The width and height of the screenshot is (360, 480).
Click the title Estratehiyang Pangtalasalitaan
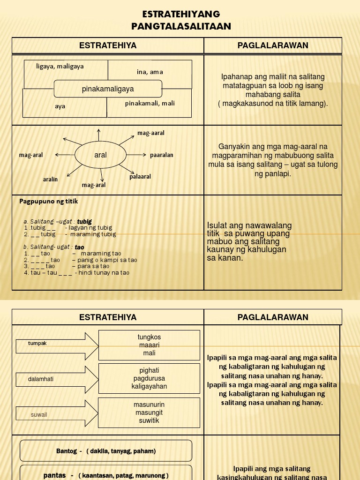[x=181, y=20]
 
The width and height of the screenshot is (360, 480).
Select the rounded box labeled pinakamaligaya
[x=108, y=89]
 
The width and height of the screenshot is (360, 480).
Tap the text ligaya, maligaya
[x=60, y=67]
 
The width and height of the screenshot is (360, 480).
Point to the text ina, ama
[x=150, y=72]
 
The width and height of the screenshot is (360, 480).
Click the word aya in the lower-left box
[x=60, y=106]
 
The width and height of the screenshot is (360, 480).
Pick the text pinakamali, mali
[x=150, y=103]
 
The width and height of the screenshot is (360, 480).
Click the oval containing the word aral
[x=100, y=155]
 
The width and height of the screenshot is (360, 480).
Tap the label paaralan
[x=162, y=155]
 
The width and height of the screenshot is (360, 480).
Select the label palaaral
[x=140, y=177]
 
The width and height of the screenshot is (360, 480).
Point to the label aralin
[x=50, y=179]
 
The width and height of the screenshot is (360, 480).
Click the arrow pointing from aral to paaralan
[x=137, y=154]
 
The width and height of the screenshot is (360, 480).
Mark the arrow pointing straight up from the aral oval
[x=98, y=135]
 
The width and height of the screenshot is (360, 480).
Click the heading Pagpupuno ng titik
[x=49, y=202]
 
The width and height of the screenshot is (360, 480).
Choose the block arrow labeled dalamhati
[x=57, y=379]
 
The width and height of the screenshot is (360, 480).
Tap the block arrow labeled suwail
[x=57, y=413]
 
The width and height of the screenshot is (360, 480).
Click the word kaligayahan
[x=149, y=386]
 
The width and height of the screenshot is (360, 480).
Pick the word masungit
[x=149, y=412]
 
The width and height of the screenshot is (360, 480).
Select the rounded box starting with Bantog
[x=106, y=451]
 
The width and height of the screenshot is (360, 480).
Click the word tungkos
[x=149, y=337]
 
